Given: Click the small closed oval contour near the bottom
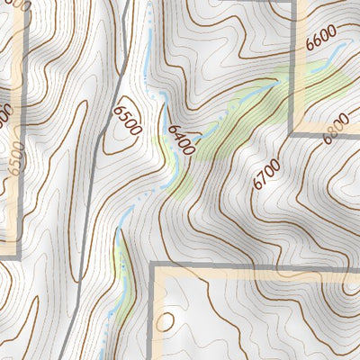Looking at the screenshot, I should coord(166,321).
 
